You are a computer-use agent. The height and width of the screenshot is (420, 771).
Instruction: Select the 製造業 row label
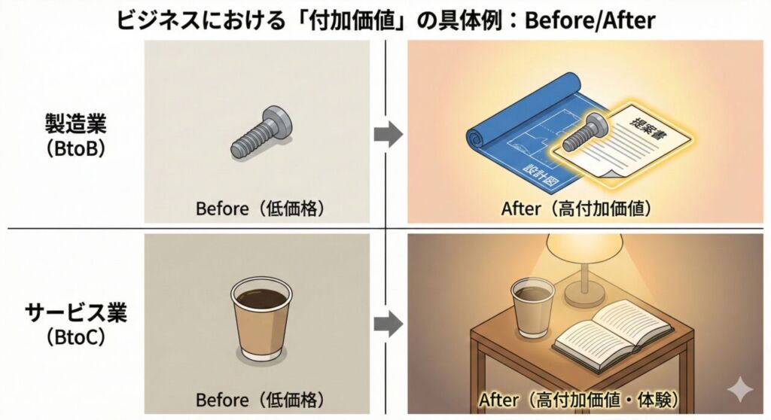[75, 122]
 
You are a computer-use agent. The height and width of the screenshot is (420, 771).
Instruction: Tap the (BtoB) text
[75, 148]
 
